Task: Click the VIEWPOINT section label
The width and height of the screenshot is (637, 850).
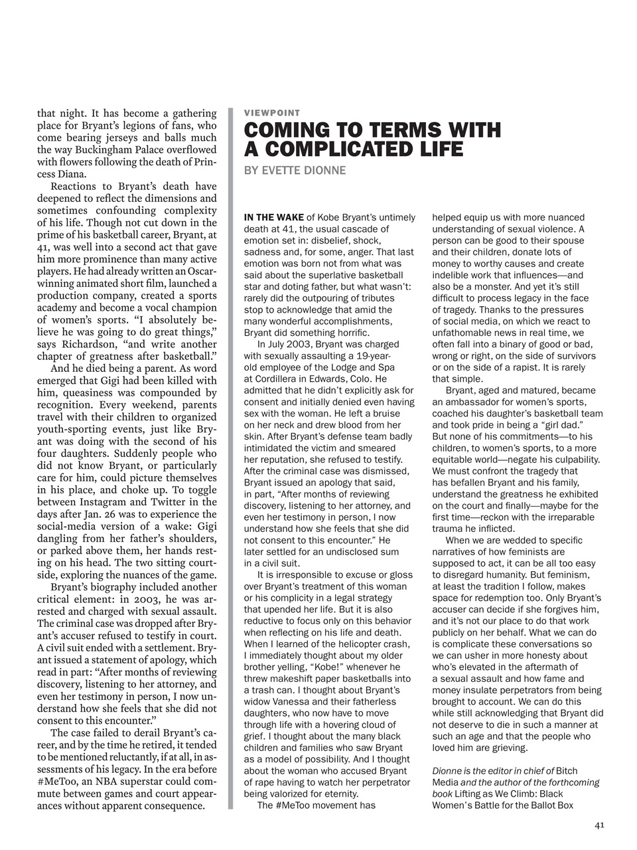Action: pyautogui.click(x=272, y=113)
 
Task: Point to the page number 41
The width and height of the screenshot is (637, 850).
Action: pyautogui.click(x=599, y=825)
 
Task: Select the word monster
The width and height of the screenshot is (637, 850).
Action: pyautogui.click(x=486, y=286)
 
